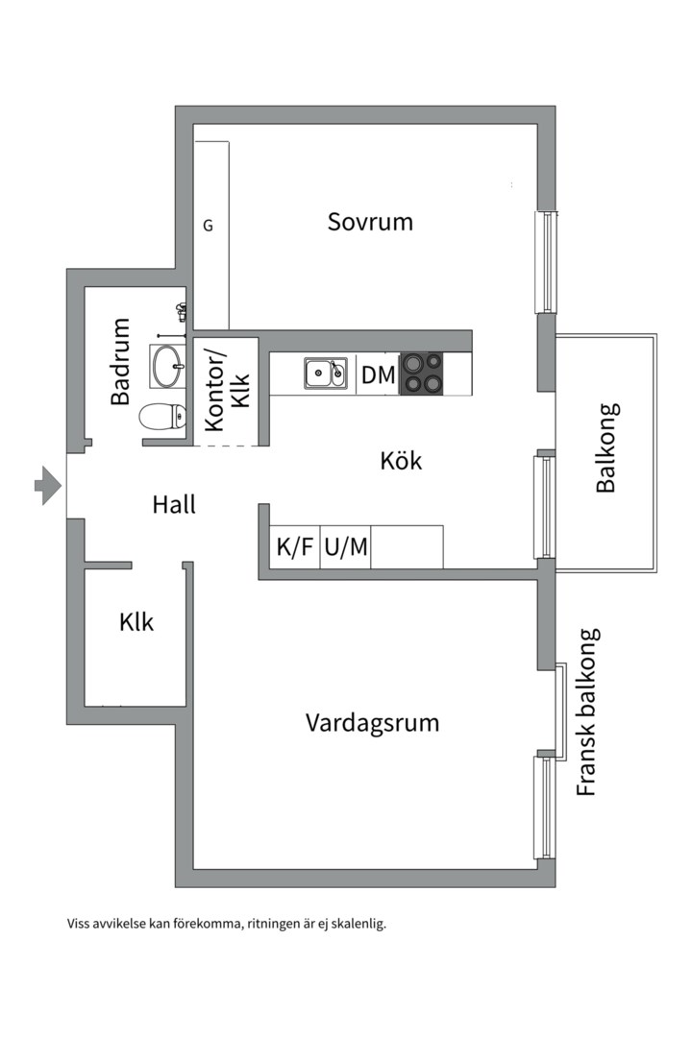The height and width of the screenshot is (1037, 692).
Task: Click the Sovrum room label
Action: (x=370, y=222)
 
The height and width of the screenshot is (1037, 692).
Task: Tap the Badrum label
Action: (x=120, y=361)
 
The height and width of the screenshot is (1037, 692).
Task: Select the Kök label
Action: (x=401, y=461)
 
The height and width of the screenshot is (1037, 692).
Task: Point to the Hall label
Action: (x=174, y=504)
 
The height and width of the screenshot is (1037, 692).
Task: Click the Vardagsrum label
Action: (x=372, y=722)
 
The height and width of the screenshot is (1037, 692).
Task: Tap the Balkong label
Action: (x=605, y=447)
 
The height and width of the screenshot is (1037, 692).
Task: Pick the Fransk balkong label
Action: (x=587, y=712)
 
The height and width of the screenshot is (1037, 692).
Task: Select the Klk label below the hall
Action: (x=136, y=622)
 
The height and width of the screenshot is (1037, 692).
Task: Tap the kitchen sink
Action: (x=326, y=373)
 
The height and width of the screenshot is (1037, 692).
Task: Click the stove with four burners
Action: (x=423, y=374)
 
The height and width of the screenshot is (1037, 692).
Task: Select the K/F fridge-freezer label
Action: (x=295, y=548)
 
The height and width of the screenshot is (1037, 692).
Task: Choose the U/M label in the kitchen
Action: (x=346, y=548)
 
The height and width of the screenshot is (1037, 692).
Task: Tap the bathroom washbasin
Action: (x=167, y=364)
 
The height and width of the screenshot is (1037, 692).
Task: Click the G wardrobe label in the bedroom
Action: (x=208, y=227)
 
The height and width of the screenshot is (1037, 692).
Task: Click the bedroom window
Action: (x=546, y=260)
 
